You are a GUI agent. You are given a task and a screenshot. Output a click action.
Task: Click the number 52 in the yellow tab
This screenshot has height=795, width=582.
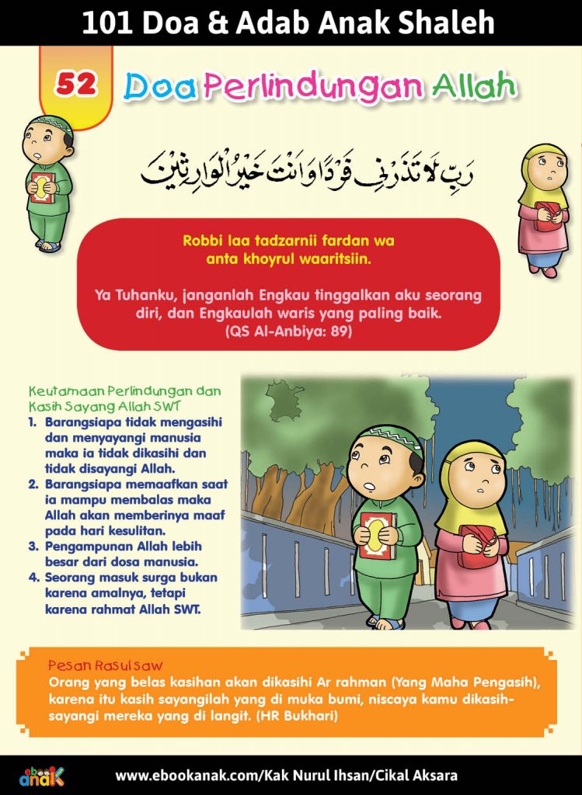75,86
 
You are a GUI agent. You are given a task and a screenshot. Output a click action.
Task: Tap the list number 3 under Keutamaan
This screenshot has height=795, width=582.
34,546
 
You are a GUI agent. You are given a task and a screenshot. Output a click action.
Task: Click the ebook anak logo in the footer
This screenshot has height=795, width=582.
42,775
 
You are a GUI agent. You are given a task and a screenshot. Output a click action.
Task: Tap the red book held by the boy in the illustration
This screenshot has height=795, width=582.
378,535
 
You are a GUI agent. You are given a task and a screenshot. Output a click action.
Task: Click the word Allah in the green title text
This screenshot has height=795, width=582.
476,87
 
